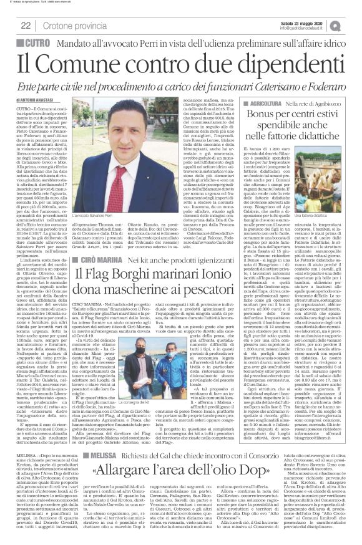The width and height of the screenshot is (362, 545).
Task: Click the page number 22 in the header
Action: pyautogui.click(x=26, y=25)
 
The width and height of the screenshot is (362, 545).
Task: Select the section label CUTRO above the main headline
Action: pyautogui.click(x=32, y=42)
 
